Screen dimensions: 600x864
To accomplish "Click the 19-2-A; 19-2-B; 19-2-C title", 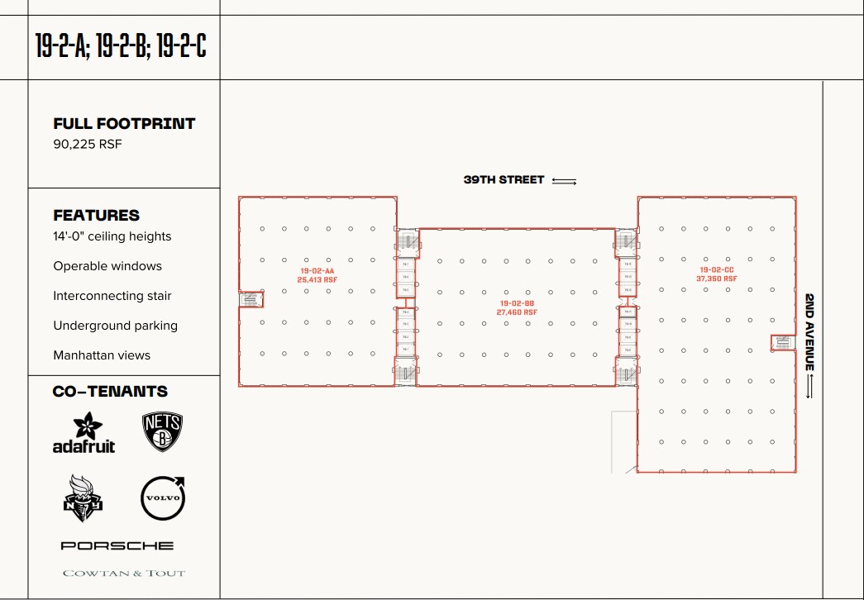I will pyautogui.click(x=121, y=45).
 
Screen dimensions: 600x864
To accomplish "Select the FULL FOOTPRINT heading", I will pyautogui.click(x=124, y=124).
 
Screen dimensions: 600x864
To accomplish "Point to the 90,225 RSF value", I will pyautogui.click(x=88, y=145).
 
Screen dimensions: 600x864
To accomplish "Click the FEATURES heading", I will pyautogui.click(x=97, y=216).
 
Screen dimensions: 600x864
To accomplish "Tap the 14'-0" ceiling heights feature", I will pyautogui.click(x=112, y=236).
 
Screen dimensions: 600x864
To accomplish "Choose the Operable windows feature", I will pyautogui.click(x=107, y=266).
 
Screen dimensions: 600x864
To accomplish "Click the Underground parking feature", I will pyautogui.click(x=116, y=326).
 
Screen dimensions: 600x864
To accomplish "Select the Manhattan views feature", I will pyautogui.click(x=102, y=355).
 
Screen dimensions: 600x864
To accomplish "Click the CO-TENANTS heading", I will pyautogui.click(x=110, y=392).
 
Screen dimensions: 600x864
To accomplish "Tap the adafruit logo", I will pyautogui.click(x=84, y=433).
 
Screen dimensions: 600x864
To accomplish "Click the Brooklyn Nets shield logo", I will pyautogui.click(x=162, y=432).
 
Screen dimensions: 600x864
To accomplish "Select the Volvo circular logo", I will pyautogui.click(x=163, y=498).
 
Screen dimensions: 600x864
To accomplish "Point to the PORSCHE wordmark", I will pyautogui.click(x=117, y=545).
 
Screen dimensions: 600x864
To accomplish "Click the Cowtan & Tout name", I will pyautogui.click(x=124, y=573).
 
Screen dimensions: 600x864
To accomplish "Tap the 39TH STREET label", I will pyautogui.click(x=504, y=180).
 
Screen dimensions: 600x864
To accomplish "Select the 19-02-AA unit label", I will pyautogui.click(x=317, y=270).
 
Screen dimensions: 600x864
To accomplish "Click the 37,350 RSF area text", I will pyautogui.click(x=717, y=279).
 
